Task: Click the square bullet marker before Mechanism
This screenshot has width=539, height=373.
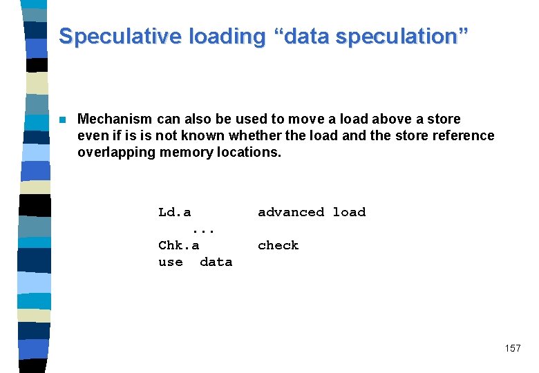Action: (x=62, y=119)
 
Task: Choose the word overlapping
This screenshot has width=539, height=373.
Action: (x=117, y=151)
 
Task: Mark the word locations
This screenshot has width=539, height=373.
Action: (x=248, y=151)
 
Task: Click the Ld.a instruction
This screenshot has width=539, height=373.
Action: (x=175, y=212)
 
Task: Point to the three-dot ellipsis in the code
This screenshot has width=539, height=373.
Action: (x=204, y=229)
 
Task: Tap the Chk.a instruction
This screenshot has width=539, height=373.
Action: (x=179, y=245)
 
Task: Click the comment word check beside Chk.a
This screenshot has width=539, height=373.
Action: (x=278, y=245)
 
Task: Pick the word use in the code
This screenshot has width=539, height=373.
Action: (x=171, y=262)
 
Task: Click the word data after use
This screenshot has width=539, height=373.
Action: (x=216, y=262)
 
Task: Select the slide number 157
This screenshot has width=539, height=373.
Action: (x=513, y=348)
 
